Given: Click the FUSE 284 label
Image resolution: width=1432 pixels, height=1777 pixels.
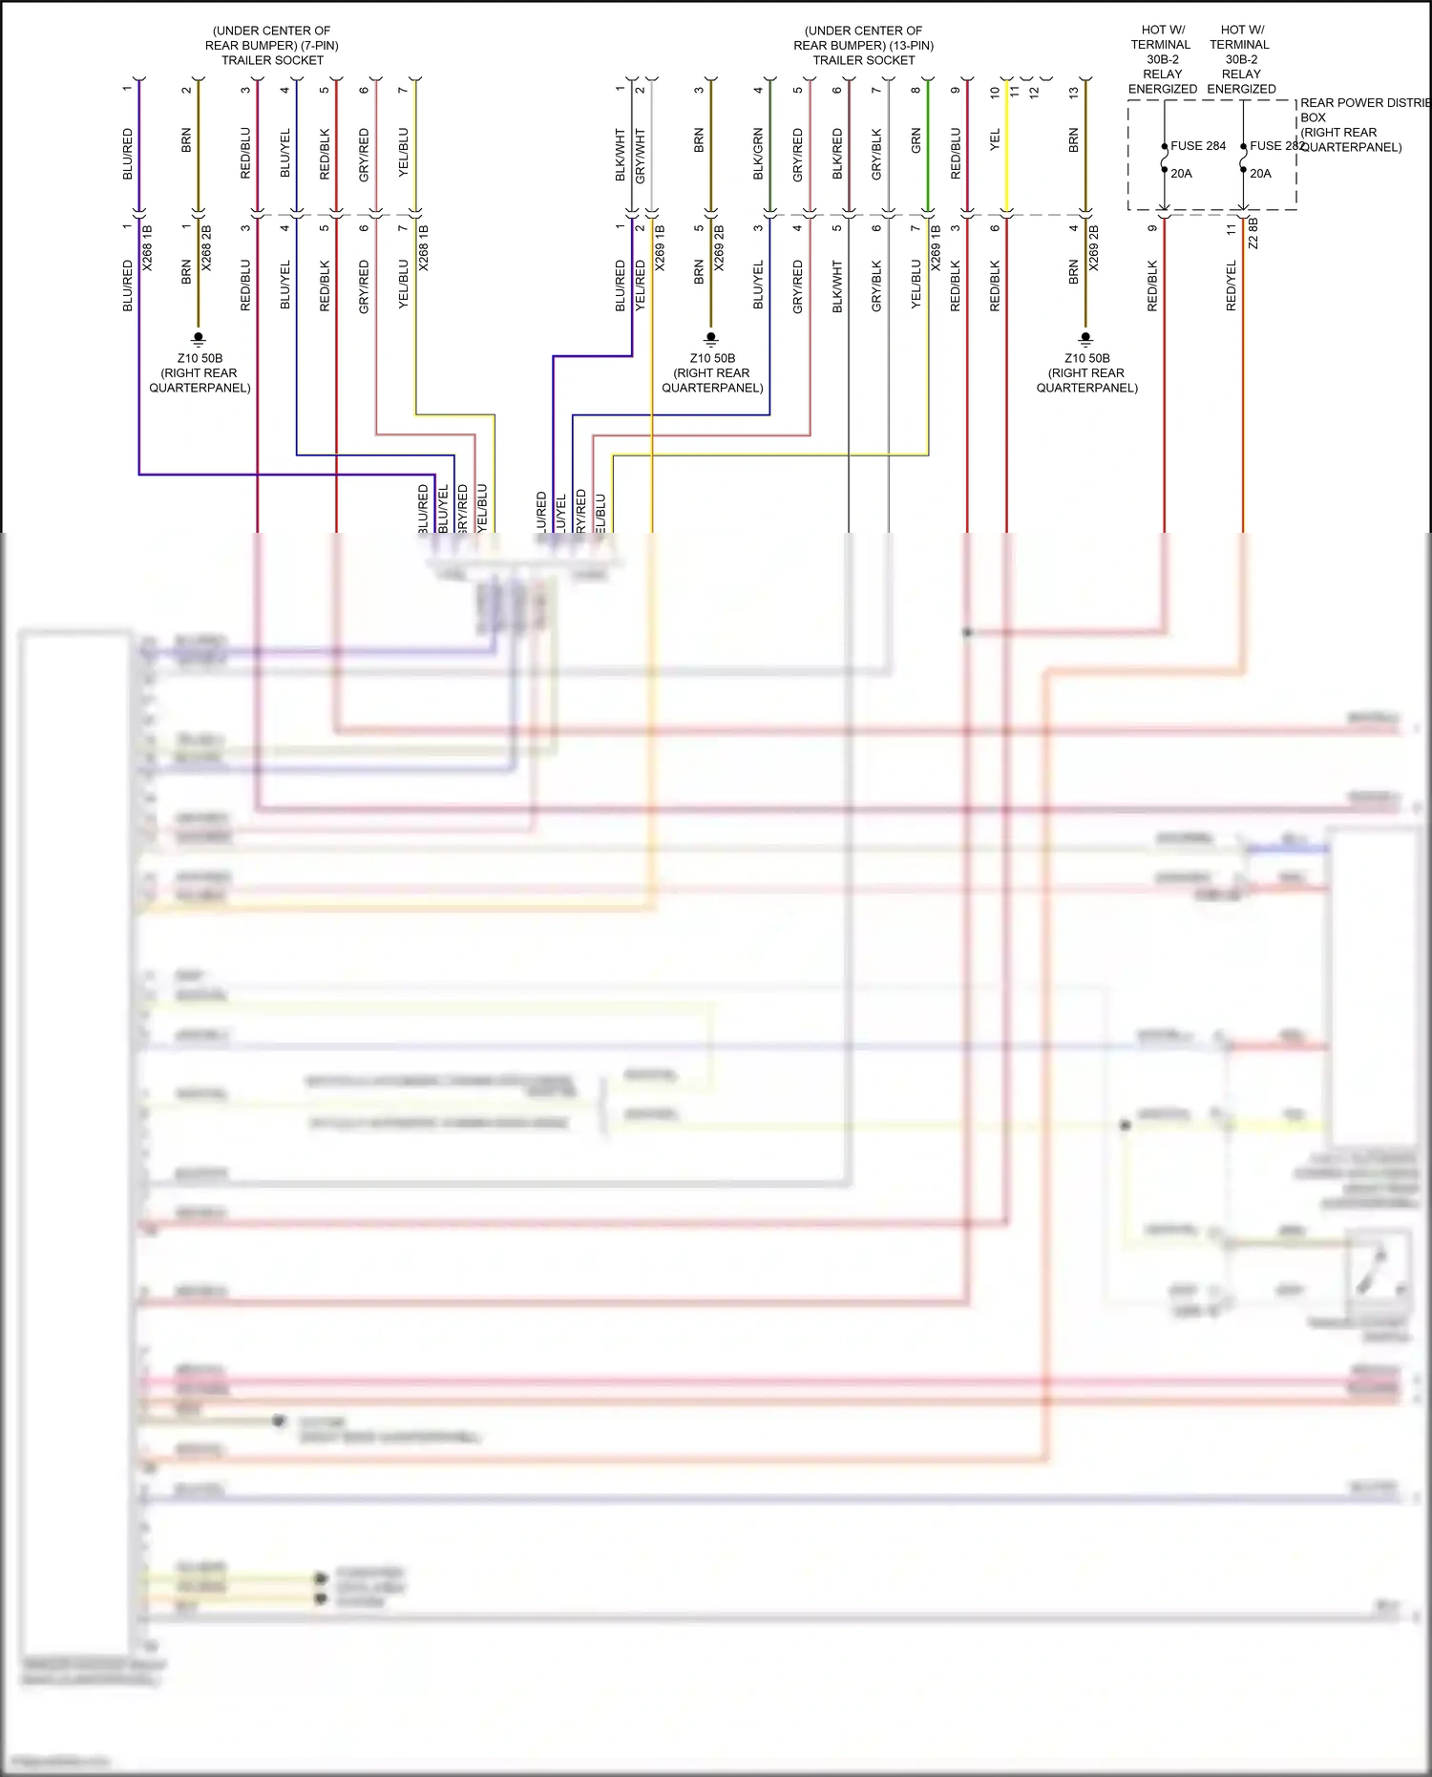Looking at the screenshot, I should point(1198,146).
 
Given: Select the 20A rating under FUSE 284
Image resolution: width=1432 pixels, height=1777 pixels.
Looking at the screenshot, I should point(1182,174).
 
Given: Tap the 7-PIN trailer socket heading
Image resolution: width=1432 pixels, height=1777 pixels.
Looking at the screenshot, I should point(272,45).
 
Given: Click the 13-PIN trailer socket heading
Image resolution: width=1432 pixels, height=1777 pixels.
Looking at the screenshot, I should point(864,45).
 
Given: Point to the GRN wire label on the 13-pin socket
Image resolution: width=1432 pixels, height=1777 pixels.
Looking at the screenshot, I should point(916,141).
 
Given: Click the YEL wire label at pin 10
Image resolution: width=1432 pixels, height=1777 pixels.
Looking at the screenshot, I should point(995,140).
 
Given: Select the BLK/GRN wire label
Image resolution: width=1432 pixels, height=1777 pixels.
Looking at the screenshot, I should point(759,154).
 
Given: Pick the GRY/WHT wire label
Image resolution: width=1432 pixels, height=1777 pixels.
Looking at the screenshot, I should point(641,156).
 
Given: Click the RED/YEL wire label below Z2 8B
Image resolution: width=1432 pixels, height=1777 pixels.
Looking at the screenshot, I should point(1232,286).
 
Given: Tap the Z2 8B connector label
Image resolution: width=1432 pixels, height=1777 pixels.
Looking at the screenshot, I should point(1253,233).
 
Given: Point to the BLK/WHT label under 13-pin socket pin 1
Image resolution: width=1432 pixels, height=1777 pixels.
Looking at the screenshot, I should point(621,155).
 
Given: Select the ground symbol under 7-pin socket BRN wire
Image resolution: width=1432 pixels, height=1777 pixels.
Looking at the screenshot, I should point(199,338).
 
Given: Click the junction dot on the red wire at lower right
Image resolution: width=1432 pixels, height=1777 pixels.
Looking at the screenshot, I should point(967,632).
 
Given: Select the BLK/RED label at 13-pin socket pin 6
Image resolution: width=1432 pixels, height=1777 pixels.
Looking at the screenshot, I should point(837,154).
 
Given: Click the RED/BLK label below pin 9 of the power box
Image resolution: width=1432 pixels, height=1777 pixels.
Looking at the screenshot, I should point(1152,286).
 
